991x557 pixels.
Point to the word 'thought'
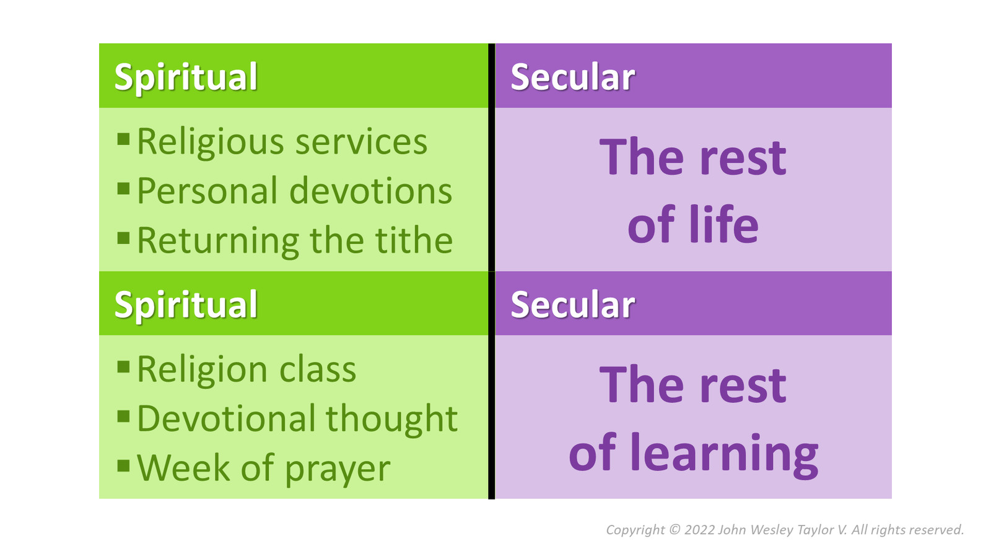[391, 419]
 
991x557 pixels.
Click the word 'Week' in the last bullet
[183, 468]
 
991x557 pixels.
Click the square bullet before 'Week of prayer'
[123, 464]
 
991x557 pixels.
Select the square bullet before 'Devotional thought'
[123, 415]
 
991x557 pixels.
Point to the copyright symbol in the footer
[674, 530]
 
